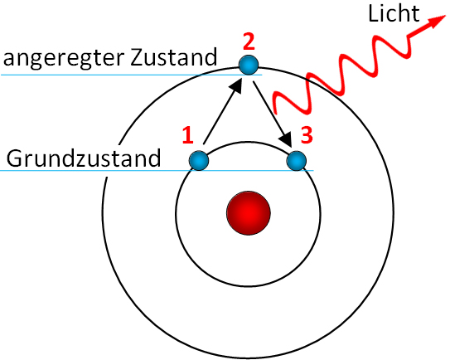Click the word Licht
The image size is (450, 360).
coord(394,13)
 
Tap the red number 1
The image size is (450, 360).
coord(187,135)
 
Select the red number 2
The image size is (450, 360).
coord(249,42)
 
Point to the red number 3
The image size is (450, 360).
coord(307,135)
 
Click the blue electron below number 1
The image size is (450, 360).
coord(199,161)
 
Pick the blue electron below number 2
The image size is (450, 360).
coord(249,66)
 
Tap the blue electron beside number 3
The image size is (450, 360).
coord(297,161)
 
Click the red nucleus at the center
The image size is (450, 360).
coord(249,213)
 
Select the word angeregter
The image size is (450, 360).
coord(62,59)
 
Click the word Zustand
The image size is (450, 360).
coord(173,57)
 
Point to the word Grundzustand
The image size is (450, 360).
coord(84,158)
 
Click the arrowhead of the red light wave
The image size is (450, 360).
coord(436,21)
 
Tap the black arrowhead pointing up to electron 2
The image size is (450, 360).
coord(237,85)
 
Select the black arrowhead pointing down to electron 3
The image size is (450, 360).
coord(285,139)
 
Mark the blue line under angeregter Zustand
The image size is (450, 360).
coord(132,75)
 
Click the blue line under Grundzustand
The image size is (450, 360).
coord(157,171)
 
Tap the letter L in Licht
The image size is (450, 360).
coord(374,13)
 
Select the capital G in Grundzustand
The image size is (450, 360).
coord(14,158)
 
